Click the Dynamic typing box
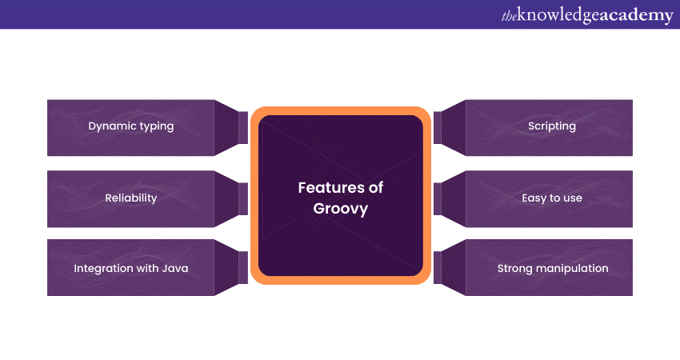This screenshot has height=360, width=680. pos(130,127)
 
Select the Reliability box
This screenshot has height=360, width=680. pos(130,198)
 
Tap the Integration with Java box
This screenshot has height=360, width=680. pos(130,268)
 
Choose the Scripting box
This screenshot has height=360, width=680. pos(551,127)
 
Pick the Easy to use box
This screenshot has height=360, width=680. pos(551,198)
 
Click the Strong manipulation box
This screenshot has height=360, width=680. pos(551,268)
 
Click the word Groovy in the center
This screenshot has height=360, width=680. pos(341,208)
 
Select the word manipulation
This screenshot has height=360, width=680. pos(571,268)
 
